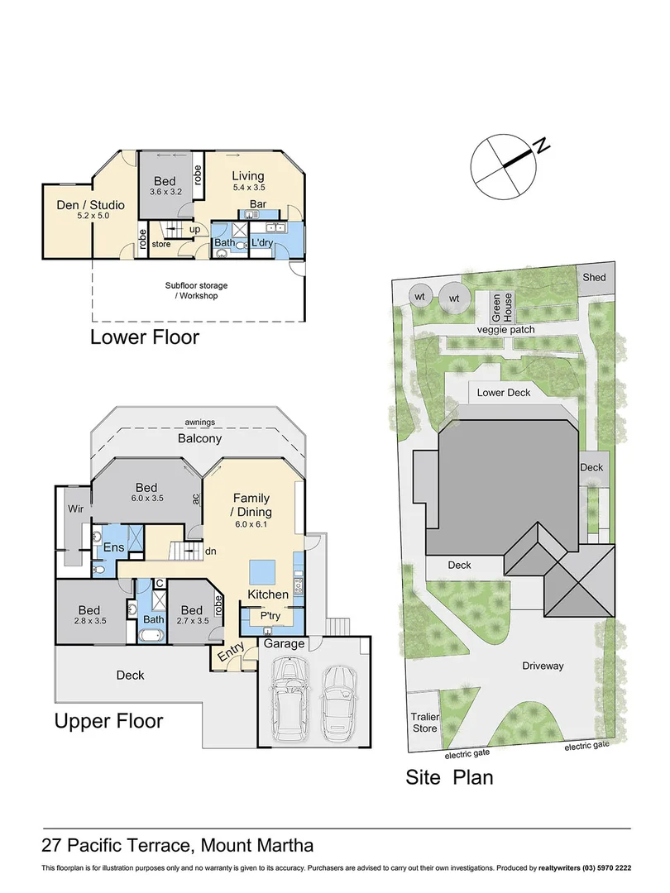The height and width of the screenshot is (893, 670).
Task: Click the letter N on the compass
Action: (x=542, y=146)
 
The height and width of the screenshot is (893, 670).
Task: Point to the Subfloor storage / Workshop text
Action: (x=196, y=290)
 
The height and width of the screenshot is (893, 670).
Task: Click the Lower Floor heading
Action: (x=144, y=337)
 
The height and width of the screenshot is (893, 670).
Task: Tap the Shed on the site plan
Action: (x=593, y=278)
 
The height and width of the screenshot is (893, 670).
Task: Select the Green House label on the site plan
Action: (x=502, y=308)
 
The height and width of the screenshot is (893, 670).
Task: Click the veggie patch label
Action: (x=505, y=330)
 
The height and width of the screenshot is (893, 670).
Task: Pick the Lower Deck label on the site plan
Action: (x=504, y=393)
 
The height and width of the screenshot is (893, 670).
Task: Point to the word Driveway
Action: (x=542, y=666)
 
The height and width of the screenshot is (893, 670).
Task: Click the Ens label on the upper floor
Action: (x=112, y=547)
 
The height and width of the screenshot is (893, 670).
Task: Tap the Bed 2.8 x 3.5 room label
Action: (x=90, y=615)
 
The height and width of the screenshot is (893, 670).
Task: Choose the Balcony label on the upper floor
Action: (x=199, y=438)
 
